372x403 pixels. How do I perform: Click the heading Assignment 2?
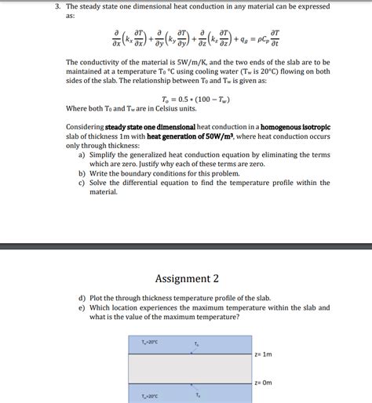tap(187, 278)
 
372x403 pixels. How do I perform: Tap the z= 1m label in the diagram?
tap(263, 354)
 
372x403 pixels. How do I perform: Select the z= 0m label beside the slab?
tap(263, 383)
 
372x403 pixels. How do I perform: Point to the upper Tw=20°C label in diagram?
tap(149, 342)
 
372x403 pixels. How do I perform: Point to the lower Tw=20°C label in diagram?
tap(149, 396)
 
